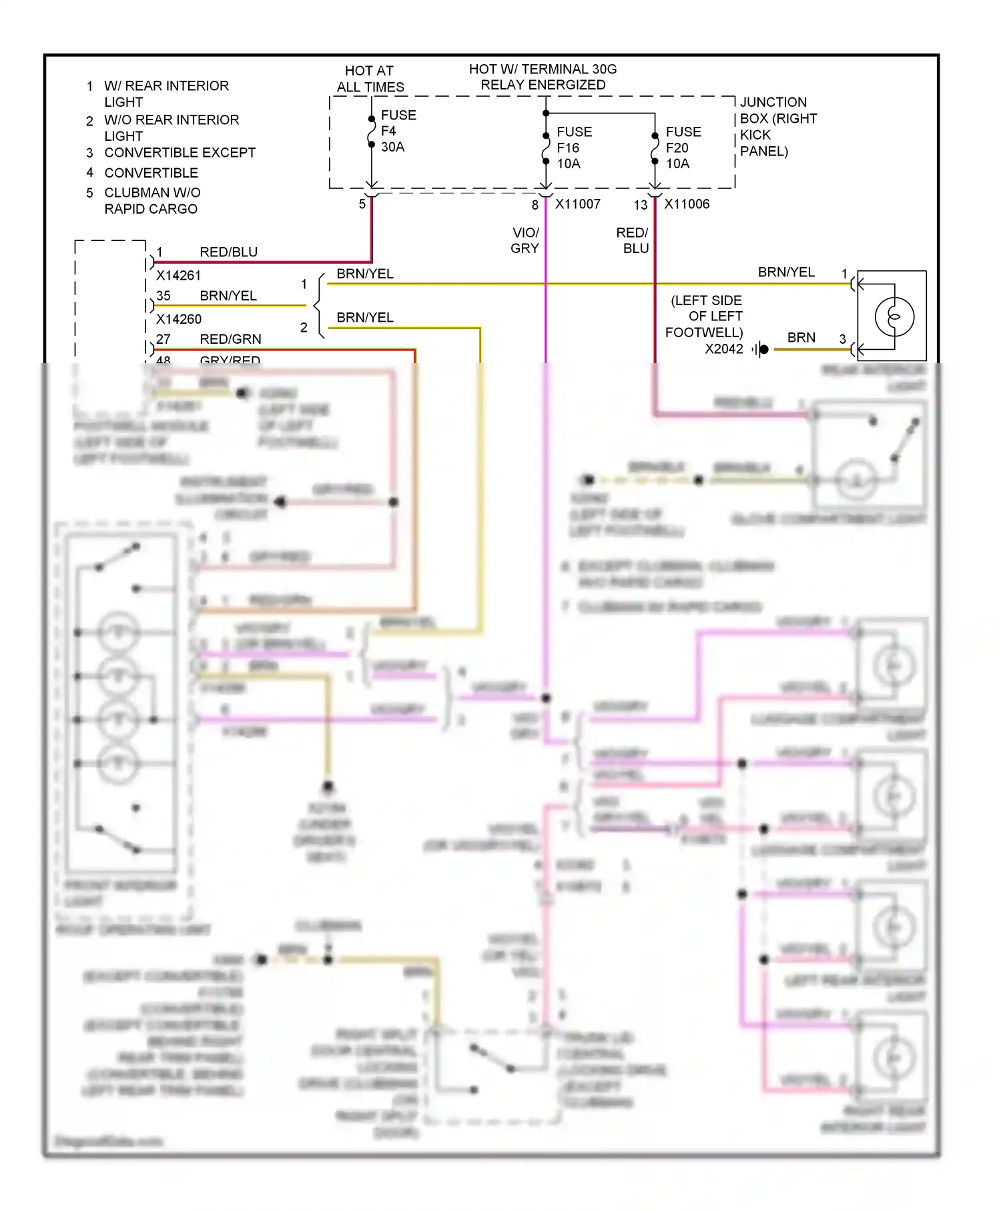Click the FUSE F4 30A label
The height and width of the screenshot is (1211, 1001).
pos(398,131)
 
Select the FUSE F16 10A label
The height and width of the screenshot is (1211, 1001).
pos(573,148)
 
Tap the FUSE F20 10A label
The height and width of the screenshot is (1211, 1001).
pos(683,148)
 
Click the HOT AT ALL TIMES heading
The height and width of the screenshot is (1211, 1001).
pos(370,79)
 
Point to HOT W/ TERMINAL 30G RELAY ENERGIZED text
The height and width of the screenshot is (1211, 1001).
pos(543,77)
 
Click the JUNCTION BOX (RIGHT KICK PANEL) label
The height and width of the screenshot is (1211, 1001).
pos(777,126)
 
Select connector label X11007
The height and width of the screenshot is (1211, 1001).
pos(577,204)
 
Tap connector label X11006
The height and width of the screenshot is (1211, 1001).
pos(687,204)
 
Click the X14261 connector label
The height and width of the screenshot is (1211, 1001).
pos(178,275)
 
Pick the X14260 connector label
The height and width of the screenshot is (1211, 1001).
pos(178,319)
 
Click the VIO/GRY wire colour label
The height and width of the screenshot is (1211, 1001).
pos(525,240)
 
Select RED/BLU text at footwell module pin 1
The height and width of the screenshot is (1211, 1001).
pos(228,252)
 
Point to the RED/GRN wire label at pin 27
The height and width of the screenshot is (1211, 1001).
pos(230,339)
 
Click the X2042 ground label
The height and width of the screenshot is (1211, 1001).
pos(723,349)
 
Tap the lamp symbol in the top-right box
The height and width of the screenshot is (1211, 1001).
pos(894,316)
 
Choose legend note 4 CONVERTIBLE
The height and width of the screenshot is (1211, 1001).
pos(151,173)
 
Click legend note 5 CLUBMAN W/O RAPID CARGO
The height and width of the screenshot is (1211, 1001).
pos(151,200)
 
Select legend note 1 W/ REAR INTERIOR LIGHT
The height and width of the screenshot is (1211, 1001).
pos(165,93)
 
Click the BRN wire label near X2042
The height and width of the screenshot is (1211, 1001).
pos(801,338)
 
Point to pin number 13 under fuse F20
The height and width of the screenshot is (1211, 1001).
pos(640,206)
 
